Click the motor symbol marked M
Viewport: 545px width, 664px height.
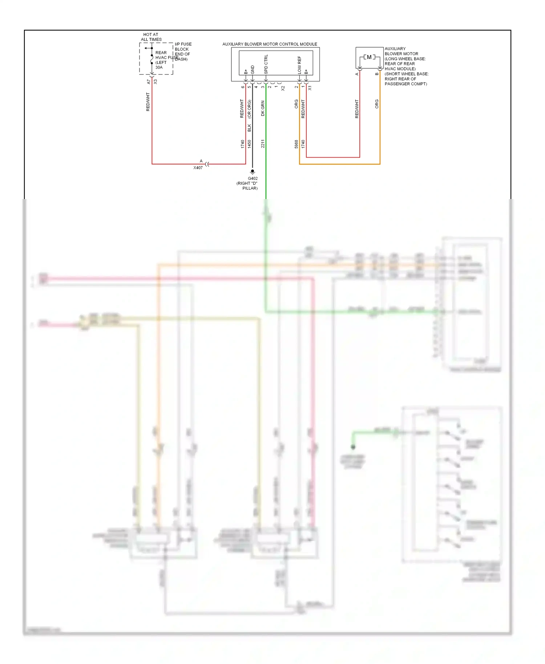(369, 57)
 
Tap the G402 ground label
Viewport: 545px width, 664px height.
(253, 178)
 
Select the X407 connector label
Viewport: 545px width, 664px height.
(198, 168)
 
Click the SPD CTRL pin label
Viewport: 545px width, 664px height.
(266, 64)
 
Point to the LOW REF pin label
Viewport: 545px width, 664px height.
(299, 65)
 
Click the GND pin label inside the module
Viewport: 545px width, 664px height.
(253, 70)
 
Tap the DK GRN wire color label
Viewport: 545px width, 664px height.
(263, 108)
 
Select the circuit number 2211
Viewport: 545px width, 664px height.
(263, 143)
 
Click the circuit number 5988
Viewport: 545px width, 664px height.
(296, 144)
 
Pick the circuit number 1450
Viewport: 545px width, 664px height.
(250, 144)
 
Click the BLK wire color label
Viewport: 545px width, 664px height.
(250, 127)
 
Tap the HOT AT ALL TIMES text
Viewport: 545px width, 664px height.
(151, 37)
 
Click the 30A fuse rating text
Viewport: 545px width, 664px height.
(159, 68)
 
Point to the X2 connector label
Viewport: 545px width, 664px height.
(283, 88)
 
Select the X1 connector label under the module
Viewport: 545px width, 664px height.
(310, 88)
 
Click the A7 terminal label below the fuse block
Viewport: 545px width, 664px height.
(148, 82)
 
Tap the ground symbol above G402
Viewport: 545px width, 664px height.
(253, 172)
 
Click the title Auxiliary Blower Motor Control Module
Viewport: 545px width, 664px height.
(270, 44)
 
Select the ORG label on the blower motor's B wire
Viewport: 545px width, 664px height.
(377, 104)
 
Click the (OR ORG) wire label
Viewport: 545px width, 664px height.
(250, 109)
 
